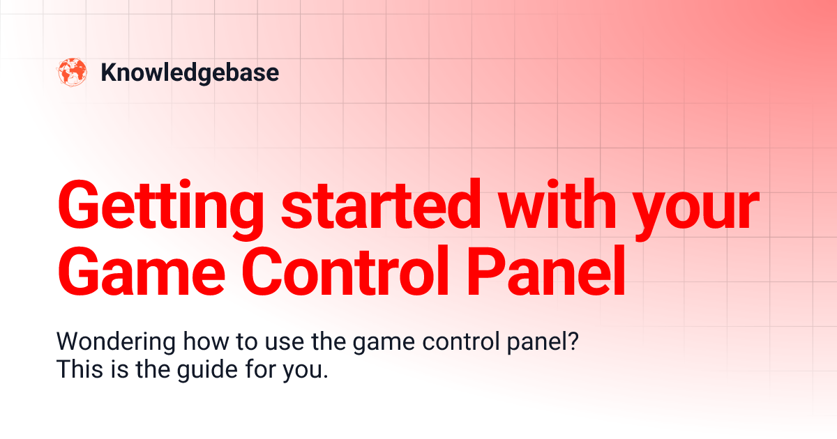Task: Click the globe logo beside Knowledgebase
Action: tap(73, 72)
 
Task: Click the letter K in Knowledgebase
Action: tap(108, 72)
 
